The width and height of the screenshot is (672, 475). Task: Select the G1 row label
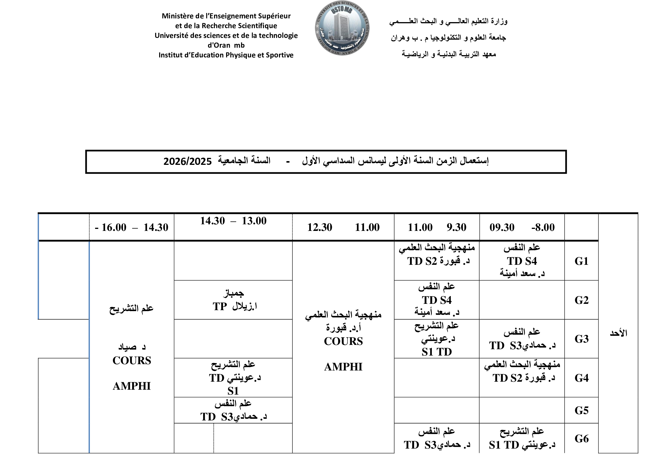[x=581, y=261]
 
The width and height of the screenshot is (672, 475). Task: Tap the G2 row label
[x=581, y=300]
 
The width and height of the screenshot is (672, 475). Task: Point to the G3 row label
[x=581, y=339]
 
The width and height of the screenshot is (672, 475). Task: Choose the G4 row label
[x=581, y=378]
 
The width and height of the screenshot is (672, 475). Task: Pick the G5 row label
[x=581, y=410]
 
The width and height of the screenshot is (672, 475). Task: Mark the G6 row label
[x=581, y=439]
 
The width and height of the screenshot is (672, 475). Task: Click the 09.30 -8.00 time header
[x=522, y=227]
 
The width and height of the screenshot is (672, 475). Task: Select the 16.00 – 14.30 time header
[x=132, y=227]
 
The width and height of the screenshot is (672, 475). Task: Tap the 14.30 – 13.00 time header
[x=233, y=221]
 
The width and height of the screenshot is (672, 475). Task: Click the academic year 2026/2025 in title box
[x=187, y=161]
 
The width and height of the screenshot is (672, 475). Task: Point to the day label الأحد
[x=618, y=333]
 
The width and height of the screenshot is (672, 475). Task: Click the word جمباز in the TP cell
[x=233, y=293]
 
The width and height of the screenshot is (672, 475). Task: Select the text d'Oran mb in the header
[x=226, y=45]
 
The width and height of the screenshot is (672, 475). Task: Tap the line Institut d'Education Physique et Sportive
[x=226, y=55]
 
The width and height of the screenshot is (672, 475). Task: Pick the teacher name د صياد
[x=132, y=347]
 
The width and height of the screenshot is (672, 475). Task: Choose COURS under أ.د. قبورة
[x=343, y=341]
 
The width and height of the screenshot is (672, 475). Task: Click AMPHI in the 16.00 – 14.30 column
[x=132, y=386]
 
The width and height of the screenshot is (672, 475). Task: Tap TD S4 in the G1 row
[x=522, y=261]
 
